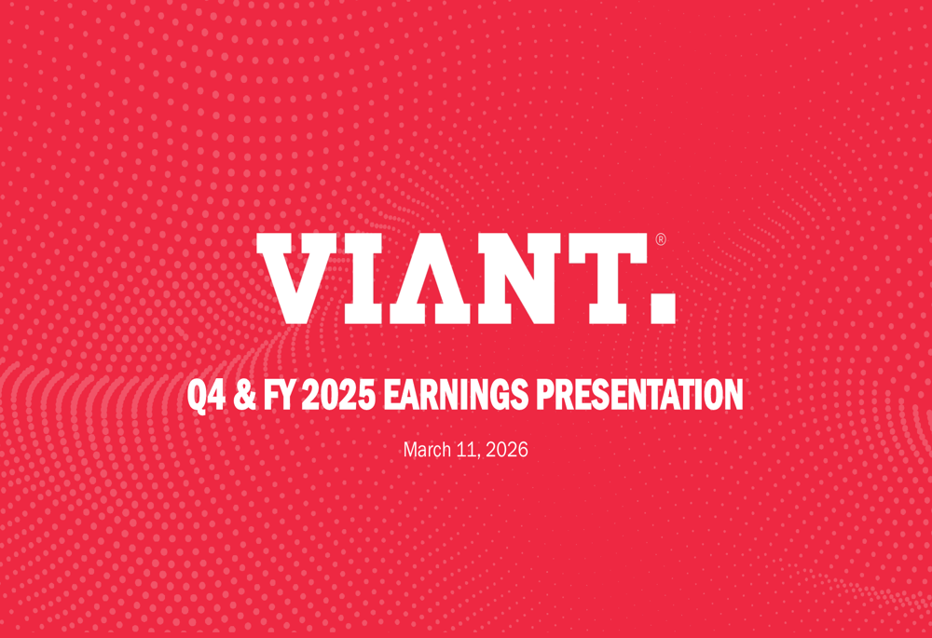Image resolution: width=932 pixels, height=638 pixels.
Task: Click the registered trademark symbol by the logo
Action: tap(661, 239)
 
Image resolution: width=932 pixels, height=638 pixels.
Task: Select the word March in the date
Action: tap(426, 450)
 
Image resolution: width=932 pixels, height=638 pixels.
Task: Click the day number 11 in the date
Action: tap(466, 450)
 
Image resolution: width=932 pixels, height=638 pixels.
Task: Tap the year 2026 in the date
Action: tap(508, 450)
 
